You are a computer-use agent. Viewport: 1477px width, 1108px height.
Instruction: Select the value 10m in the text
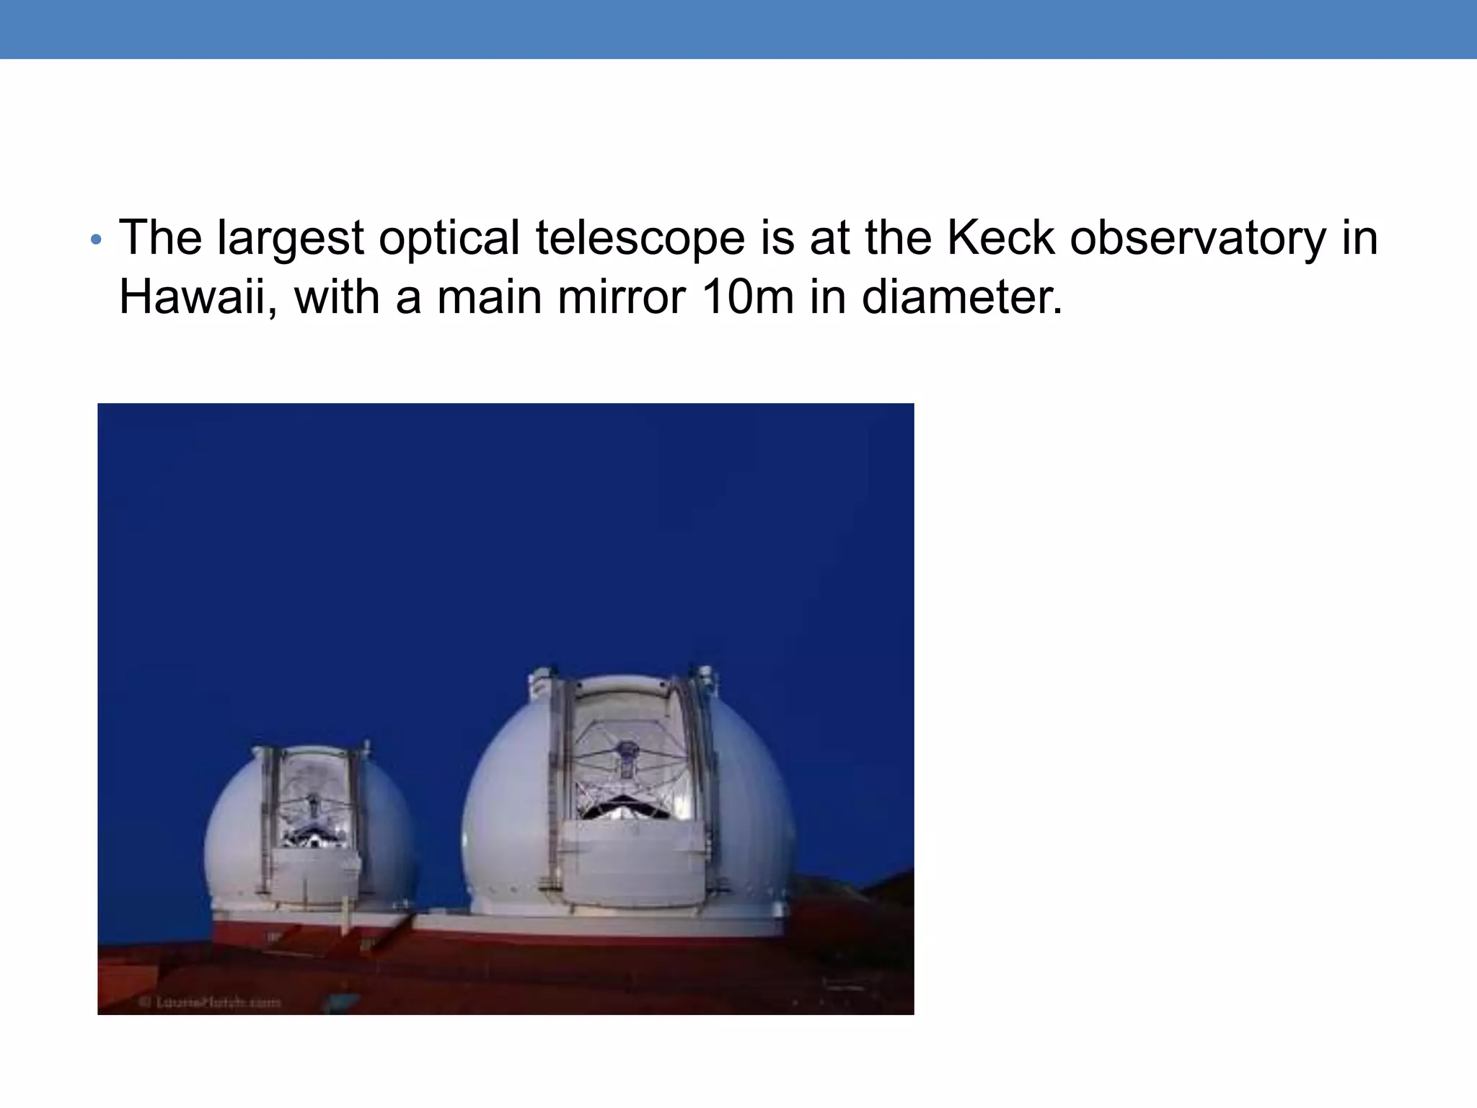point(747,297)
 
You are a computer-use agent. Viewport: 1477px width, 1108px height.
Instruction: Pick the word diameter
point(962,297)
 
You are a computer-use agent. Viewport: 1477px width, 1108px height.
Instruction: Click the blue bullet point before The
point(97,240)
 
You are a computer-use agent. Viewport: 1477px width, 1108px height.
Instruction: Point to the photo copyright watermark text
point(209,1001)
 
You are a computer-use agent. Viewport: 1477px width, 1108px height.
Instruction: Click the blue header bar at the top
point(738,29)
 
